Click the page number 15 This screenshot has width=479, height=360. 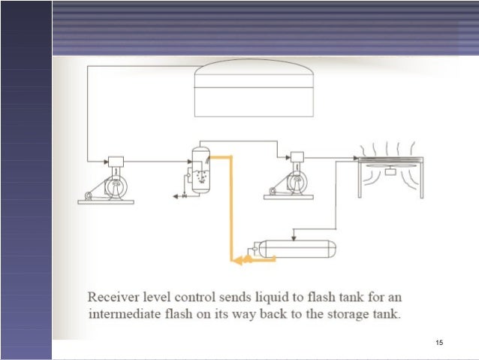pyautogui.click(x=439, y=343)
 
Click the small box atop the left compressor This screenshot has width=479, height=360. pyautogui.click(x=116, y=161)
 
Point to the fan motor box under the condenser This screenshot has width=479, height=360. pyautogui.click(x=389, y=171)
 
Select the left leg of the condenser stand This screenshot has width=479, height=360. pyautogui.click(x=361, y=180)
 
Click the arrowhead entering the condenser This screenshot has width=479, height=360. pyautogui.click(x=353, y=158)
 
